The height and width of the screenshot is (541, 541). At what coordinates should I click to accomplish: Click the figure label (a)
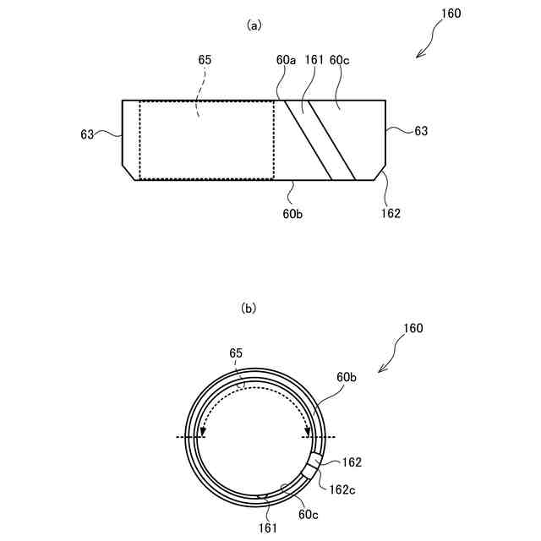pyautogui.click(x=253, y=26)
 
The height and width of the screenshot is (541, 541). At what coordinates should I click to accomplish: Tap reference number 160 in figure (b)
pyautogui.click(x=413, y=328)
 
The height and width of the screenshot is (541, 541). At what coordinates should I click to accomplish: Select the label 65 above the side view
pyautogui.click(x=205, y=60)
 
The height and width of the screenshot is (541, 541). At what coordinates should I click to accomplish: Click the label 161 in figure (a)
pyautogui.click(x=313, y=60)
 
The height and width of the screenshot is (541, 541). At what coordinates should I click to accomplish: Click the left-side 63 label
pyautogui.click(x=88, y=134)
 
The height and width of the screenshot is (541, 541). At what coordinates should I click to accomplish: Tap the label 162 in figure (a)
pyautogui.click(x=391, y=213)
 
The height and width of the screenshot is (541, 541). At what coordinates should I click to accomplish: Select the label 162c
pyautogui.click(x=342, y=489)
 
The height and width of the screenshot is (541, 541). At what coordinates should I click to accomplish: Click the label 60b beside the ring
pyautogui.click(x=348, y=377)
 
